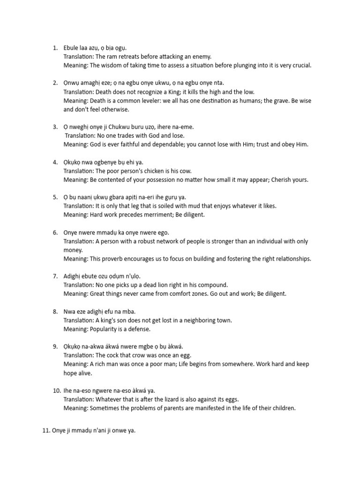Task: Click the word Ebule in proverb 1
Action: click(x=72, y=48)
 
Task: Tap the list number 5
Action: click(x=55, y=197)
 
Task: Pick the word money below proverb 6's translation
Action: click(x=73, y=250)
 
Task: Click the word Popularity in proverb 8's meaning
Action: click(x=105, y=329)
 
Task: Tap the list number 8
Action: click(x=55, y=311)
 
